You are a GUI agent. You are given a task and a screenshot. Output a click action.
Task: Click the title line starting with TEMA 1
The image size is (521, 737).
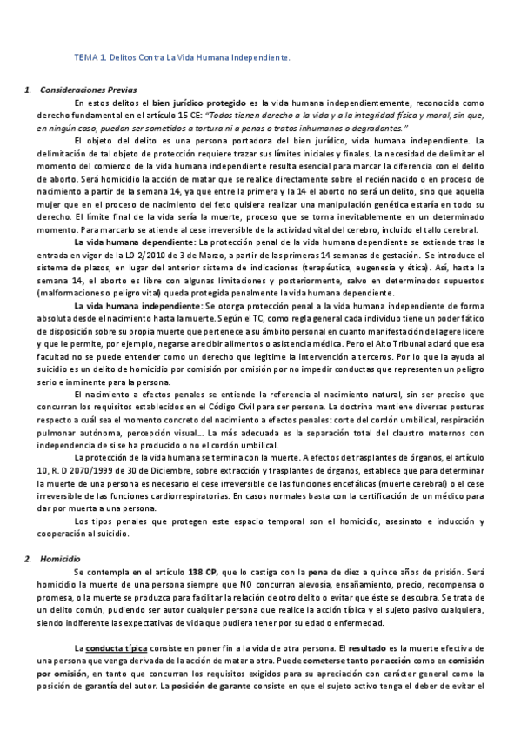coord(181,57)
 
